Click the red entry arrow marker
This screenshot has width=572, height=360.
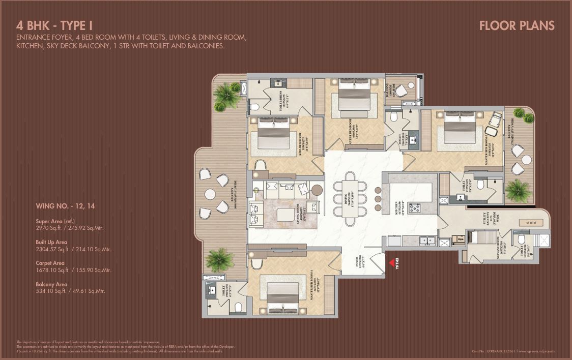[392, 263]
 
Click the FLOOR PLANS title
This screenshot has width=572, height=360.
[517, 25]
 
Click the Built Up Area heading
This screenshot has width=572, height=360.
[51, 243]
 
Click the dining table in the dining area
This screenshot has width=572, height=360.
[350, 198]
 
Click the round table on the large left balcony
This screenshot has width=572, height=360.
[210, 194]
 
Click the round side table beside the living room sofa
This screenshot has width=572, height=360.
[317, 190]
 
